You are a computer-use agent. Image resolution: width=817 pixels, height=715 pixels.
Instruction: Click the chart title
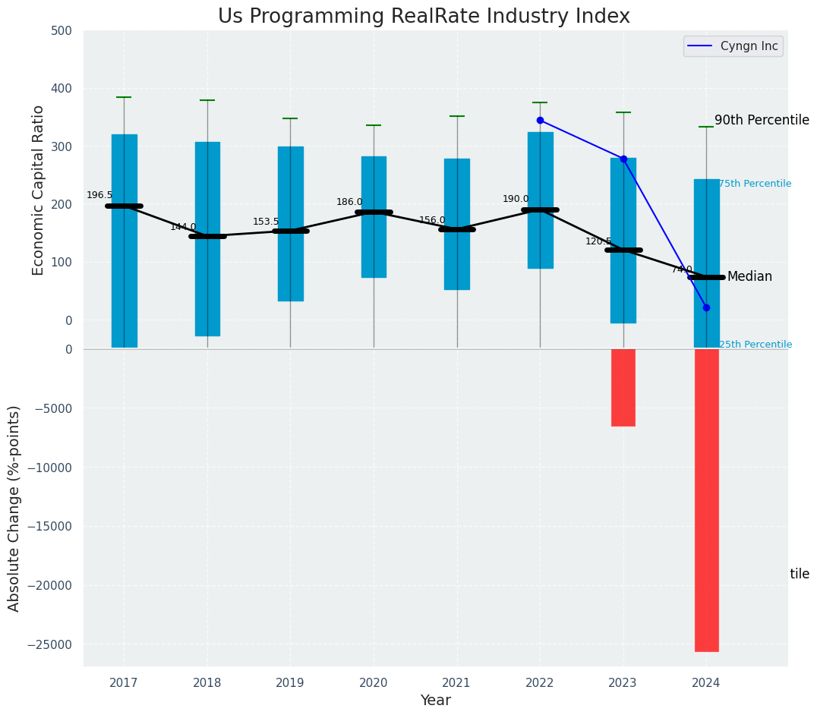pyautogui.click(x=424, y=17)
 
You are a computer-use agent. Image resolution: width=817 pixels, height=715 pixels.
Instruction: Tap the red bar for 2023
pyautogui.click(x=623, y=387)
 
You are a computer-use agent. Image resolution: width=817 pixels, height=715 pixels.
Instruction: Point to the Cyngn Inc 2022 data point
pyautogui.click(x=540, y=120)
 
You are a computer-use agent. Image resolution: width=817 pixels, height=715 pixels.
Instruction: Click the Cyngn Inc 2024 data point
pyautogui.click(x=706, y=307)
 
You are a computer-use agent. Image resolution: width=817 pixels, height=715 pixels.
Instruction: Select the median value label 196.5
pyautogui.click(x=99, y=195)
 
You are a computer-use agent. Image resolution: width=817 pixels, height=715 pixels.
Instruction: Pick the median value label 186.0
pyautogui.click(x=349, y=202)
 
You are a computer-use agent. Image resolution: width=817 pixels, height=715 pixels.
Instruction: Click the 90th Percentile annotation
pyautogui.click(x=762, y=120)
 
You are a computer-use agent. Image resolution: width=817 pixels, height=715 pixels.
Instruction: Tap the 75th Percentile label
pyautogui.click(x=755, y=184)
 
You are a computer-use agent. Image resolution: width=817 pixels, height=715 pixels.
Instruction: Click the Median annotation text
pyautogui.click(x=749, y=277)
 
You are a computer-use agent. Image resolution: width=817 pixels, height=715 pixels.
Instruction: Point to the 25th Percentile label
pyautogui.click(x=755, y=345)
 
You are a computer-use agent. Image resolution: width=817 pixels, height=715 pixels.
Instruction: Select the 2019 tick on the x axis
pyautogui.click(x=290, y=683)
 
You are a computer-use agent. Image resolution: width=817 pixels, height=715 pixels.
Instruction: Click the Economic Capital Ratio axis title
pyautogui.click(x=39, y=190)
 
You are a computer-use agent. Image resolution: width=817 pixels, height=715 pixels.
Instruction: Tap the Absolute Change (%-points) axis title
pyautogui.click(x=14, y=508)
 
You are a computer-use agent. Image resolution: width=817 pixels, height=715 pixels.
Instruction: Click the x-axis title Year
pyautogui.click(x=436, y=701)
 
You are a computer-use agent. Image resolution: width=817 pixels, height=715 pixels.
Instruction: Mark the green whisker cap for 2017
pyautogui.click(x=124, y=97)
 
